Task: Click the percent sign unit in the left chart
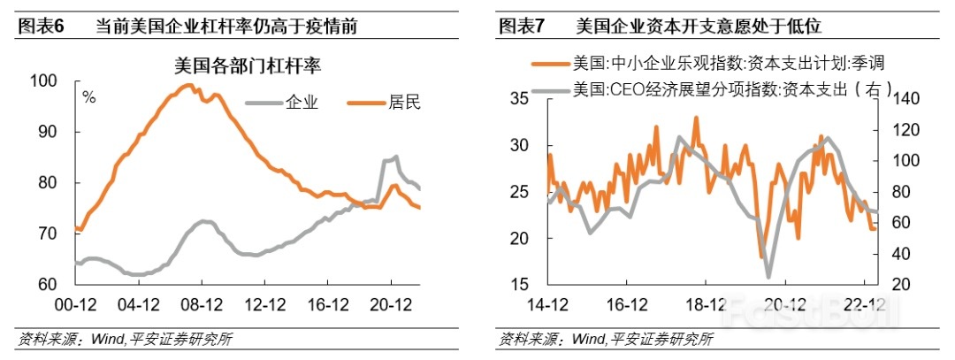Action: [x=88, y=96]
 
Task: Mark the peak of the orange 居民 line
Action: [x=187, y=85]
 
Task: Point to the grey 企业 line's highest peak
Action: [x=394, y=157]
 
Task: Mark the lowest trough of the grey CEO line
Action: [x=768, y=277]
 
